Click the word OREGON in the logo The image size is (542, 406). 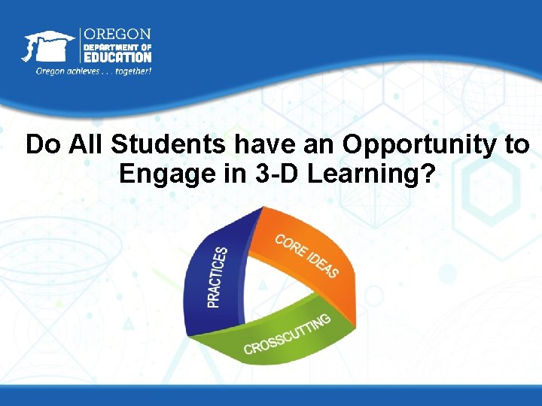[116, 35]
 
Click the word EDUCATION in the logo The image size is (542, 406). [117, 56]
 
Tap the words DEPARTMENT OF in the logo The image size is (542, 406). [117, 46]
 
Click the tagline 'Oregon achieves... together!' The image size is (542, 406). [94, 71]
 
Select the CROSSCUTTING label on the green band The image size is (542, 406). [287, 335]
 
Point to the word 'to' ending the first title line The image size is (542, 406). [516, 144]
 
